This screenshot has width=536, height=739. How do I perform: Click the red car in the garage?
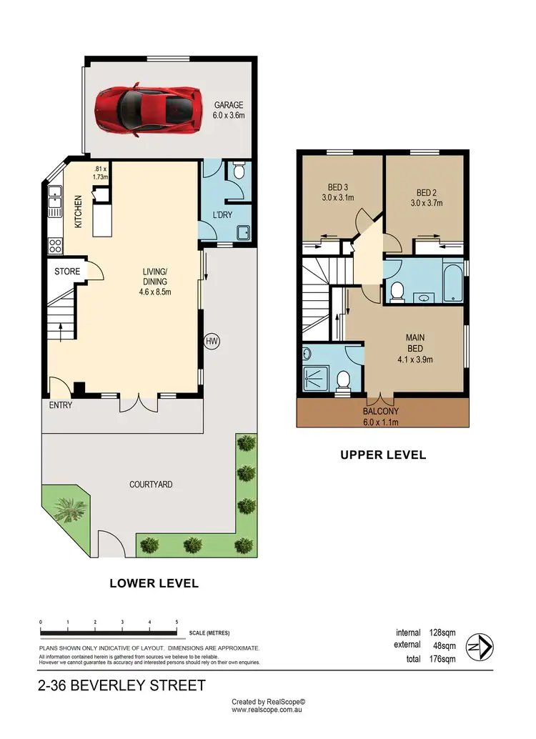[147, 109]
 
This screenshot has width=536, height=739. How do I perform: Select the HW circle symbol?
[212, 342]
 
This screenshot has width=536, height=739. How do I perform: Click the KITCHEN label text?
[79, 212]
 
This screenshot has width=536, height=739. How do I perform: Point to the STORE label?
[69, 272]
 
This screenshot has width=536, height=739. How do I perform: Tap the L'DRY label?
[220, 215]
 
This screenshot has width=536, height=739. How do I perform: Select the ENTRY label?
[61, 405]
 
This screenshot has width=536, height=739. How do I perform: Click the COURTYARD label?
[151, 485]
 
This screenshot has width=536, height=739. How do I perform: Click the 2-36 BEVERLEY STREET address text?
[122, 686]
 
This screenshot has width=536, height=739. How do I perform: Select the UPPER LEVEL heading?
[383, 455]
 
